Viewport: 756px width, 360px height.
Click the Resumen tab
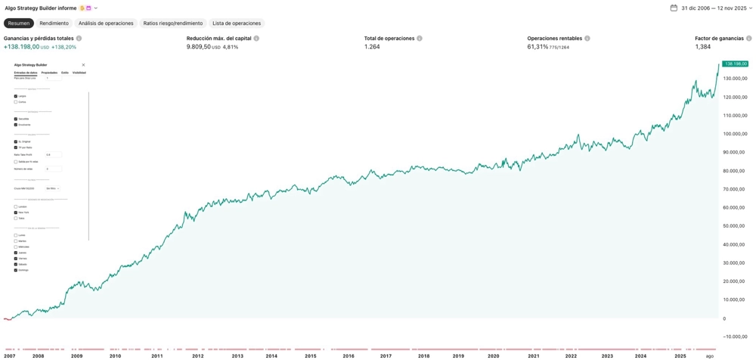(18, 23)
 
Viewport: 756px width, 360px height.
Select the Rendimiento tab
(54, 23)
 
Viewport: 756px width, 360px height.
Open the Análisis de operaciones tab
(106, 23)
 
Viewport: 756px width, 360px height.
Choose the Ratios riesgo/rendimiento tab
(173, 23)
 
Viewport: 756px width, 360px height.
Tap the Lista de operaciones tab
(237, 23)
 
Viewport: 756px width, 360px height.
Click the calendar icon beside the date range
(674, 8)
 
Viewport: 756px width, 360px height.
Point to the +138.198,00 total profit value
(21, 47)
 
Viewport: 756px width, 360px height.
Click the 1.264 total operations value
(372, 47)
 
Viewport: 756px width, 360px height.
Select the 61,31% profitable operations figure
(538, 47)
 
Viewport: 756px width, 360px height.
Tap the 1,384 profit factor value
(703, 47)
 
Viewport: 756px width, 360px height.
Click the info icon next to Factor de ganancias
(749, 39)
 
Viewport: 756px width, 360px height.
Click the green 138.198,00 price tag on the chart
(735, 64)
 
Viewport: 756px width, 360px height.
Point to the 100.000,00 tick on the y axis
(735, 134)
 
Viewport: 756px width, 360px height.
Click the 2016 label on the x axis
(349, 355)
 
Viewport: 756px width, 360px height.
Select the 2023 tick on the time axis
(607, 355)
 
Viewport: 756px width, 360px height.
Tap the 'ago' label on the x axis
(709, 355)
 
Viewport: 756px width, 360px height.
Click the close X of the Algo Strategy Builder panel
(83, 65)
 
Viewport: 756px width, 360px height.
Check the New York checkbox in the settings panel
(16, 213)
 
